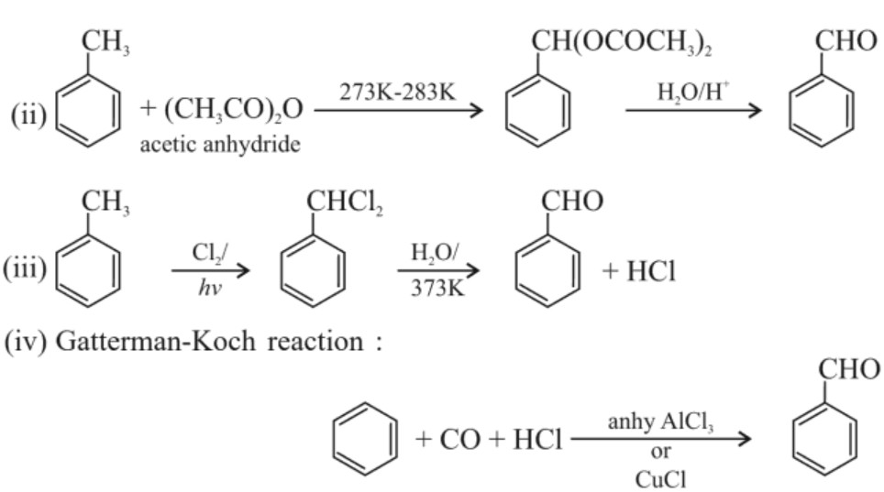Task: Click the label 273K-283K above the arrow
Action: [x=398, y=92]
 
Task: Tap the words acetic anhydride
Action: [x=219, y=145]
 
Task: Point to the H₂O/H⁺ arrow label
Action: [x=692, y=92]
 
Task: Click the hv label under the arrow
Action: [x=209, y=287]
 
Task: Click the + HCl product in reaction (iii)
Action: [x=638, y=272]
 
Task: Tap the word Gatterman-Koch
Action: [x=160, y=342]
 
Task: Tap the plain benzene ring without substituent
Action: [x=364, y=439]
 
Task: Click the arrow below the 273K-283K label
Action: [x=398, y=111]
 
